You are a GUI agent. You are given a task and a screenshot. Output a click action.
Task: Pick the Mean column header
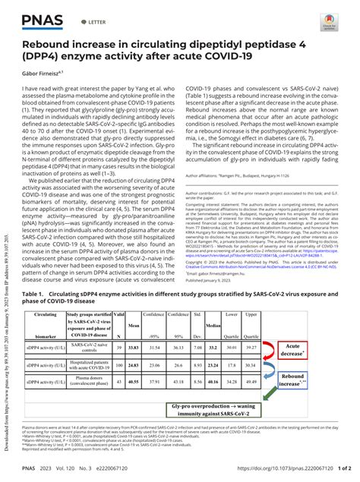[134, 324]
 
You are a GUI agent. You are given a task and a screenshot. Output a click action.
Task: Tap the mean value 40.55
[134, 382]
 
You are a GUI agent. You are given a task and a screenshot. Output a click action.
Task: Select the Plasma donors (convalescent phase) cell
[88, 382]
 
